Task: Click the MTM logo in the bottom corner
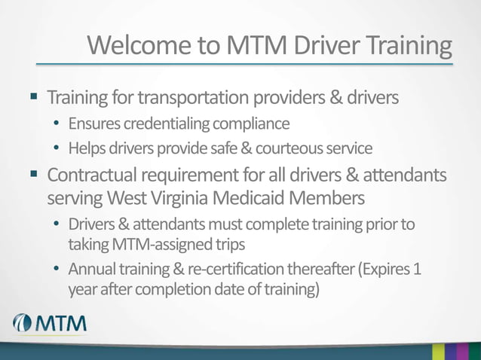point(49,325)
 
